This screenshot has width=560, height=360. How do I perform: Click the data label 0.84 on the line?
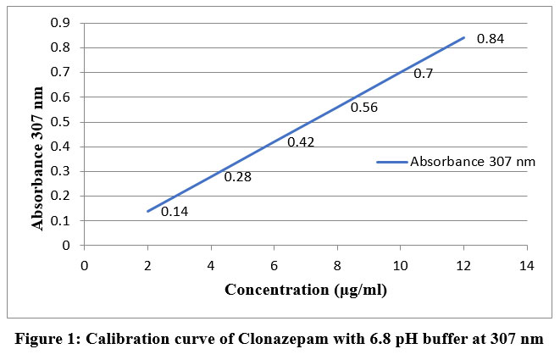click(x=491, y=39)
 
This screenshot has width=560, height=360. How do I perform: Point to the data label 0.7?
click(x=424, y=74)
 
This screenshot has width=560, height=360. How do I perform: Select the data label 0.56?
click(x=364, y=108)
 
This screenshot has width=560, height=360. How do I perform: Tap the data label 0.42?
click(x=301, y=142)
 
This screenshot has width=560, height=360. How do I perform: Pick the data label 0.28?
click(x=238, y=177)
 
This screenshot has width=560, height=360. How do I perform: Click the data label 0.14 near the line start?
click(x=175, y=211)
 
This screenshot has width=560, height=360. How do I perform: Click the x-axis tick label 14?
click(x=526, y=264)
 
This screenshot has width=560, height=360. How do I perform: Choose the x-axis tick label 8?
click(x=337, y=264)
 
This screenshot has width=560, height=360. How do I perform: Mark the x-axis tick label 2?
click(x=147, y=264)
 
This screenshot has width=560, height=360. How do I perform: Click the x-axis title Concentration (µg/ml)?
click(x=305, y=291)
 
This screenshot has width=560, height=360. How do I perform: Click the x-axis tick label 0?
click(x=84, y=264)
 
